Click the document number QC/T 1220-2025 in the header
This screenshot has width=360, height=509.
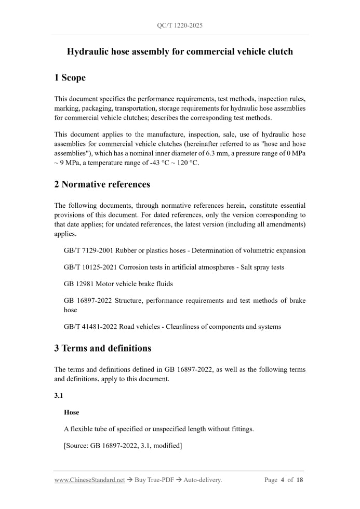click(180, 25)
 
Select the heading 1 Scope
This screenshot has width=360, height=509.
click(70, 78)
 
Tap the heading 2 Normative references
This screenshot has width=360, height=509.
click(102, 184)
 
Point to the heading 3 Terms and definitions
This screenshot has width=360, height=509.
click(102, 348)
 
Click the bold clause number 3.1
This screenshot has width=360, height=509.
click(59, 396)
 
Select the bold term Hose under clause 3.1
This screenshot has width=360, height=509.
click(72, 412)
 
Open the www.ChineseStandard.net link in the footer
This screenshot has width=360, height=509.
click(89, 480)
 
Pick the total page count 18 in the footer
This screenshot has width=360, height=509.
click(300, 480)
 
